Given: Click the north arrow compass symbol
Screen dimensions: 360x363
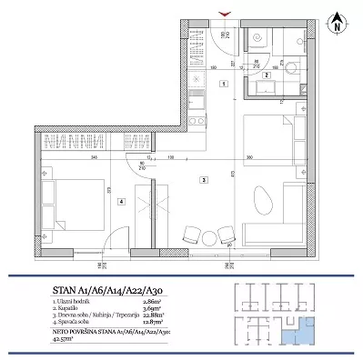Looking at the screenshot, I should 337,20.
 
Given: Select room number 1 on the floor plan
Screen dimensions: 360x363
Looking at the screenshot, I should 223,84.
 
